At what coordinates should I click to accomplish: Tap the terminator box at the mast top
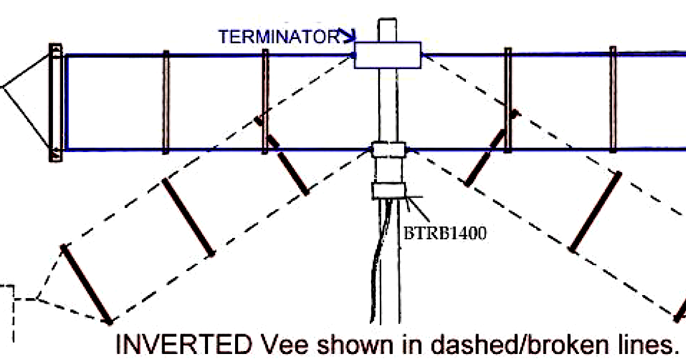coord(387,55)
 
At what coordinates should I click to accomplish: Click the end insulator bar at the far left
coord(55,103)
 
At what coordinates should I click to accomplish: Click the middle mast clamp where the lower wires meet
coord(388,149)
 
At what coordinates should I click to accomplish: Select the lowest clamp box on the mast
coord(390,191)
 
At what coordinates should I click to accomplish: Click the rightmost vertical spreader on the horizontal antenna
coord(613,99)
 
